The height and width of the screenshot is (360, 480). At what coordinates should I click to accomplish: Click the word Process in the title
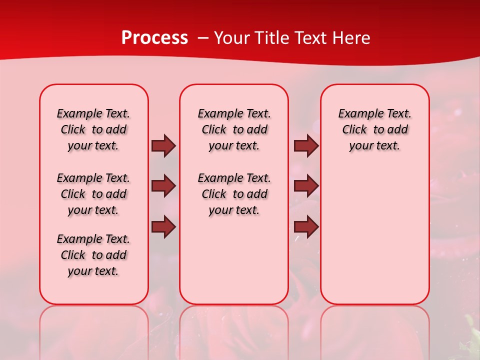tap(154, 38)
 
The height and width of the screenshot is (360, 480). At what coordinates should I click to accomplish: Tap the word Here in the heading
tap(352, 38)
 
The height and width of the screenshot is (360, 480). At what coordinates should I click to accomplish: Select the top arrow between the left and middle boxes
tap(163, 145)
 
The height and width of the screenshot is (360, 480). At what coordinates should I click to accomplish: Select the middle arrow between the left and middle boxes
tap(163, 186)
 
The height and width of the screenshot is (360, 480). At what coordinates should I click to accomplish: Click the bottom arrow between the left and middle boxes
tap(163, 227)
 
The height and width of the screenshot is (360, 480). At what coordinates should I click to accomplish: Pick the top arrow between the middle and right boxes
tap(306, 145)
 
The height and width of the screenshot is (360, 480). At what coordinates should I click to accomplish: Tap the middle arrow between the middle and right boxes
tap(306, 186)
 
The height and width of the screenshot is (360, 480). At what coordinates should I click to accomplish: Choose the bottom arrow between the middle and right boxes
tap(306, 227)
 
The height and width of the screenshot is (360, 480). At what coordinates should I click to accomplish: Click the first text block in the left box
tap(93, 130)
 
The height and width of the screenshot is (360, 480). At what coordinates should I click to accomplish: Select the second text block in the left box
tap(93, 194)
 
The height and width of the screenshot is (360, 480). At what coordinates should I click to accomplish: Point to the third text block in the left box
tap(93, 255)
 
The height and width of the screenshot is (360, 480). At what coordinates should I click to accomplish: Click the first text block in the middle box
tap(234, 130)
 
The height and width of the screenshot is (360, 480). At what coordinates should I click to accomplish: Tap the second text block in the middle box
tap(234, 194)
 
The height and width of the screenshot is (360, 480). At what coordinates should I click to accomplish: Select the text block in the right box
tap(375, 130)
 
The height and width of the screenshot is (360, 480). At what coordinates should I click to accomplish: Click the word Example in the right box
tap(357, 114)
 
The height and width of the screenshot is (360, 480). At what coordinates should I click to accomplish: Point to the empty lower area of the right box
tap(375, 240)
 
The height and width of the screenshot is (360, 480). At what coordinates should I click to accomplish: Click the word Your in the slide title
tap(232, 38)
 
